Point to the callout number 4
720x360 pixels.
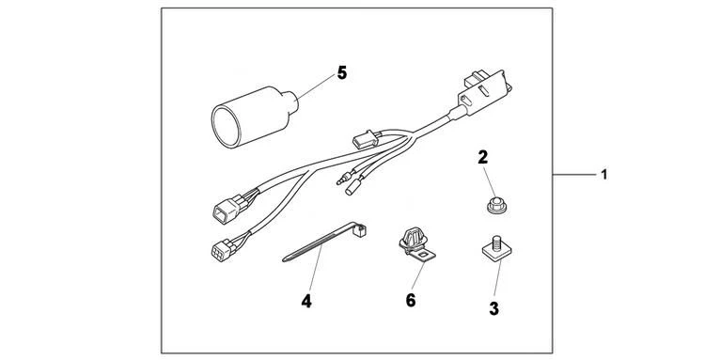click(x=305, y=302)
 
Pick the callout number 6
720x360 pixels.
click(x=410, y=301)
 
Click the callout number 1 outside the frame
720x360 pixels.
click(x=604, y=175)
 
